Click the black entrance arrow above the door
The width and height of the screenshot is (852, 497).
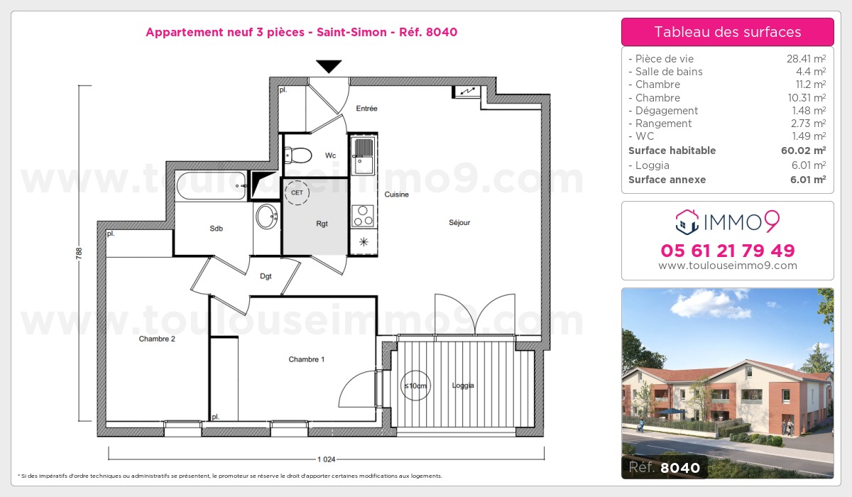[328, 67]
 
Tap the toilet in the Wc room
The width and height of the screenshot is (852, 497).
[302, 154]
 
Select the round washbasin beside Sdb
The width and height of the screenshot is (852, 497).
[267, 217]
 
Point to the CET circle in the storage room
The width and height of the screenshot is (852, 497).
[297, 192]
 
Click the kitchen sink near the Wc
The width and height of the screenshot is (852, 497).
[364, 154]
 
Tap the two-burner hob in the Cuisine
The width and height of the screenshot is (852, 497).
[363, 214]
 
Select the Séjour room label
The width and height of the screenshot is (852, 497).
[459, 222]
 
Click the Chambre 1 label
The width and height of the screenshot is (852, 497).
[307, 359]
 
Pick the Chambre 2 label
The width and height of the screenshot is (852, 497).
[157, 339]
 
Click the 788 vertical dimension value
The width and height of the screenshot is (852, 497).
[80, 253]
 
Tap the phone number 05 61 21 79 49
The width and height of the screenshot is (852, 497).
[728, 251]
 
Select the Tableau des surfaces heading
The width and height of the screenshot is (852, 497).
[728, 32]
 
